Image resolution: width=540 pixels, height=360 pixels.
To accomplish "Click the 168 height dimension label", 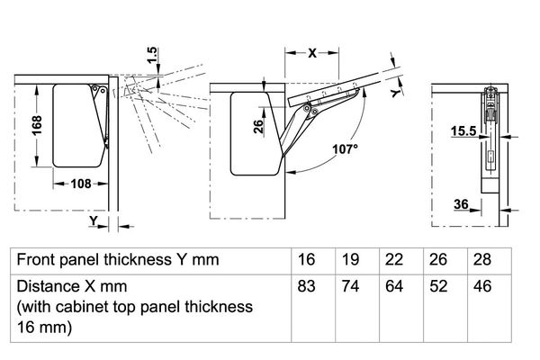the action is pyautogui.click(x=37, y=125).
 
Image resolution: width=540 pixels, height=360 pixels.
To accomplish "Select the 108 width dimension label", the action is pyautogui.click(x=81, y=184).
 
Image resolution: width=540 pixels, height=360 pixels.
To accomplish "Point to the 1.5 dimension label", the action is pyautogui.click(x=152, y=55).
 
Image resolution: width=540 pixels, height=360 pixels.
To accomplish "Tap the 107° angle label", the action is pyautogui.click(x=345, y=149).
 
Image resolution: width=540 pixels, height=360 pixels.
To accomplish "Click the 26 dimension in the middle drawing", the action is pyautogui.click(x=258, y=126).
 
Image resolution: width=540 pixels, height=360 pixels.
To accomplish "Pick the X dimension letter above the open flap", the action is pyautogui.click(x=312, y=53).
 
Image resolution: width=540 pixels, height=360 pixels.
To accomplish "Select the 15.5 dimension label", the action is pyautogui.click(x=463, y=130).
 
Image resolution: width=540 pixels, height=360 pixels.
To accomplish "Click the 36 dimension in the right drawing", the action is pyautogui.click(x=461, y=204).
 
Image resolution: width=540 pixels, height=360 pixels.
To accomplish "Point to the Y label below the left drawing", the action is pyautogui.click(x=94, y=220).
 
